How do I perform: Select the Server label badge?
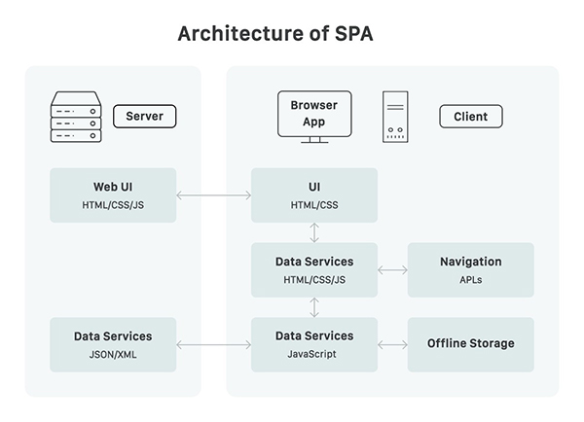[x=145, y=118]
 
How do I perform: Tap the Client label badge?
[x=470, y=118]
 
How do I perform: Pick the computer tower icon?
[x=396, y=117]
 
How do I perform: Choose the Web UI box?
[x=113, y=195]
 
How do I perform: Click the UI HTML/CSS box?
[x=313, y=195]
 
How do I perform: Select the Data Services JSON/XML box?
[x=113, y=344]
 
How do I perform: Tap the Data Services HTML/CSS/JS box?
[x=313, y=270]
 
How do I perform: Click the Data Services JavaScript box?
[x=313, y=344]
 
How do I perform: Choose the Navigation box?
[x=470, y=270]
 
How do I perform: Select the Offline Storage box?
[x=470, y=344]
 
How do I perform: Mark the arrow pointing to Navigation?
[x=392, y=270]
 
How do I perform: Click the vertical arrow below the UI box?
[x=313, y=232]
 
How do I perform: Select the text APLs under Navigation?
[x=470, y=280]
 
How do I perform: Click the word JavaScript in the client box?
[x=313, y=354]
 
